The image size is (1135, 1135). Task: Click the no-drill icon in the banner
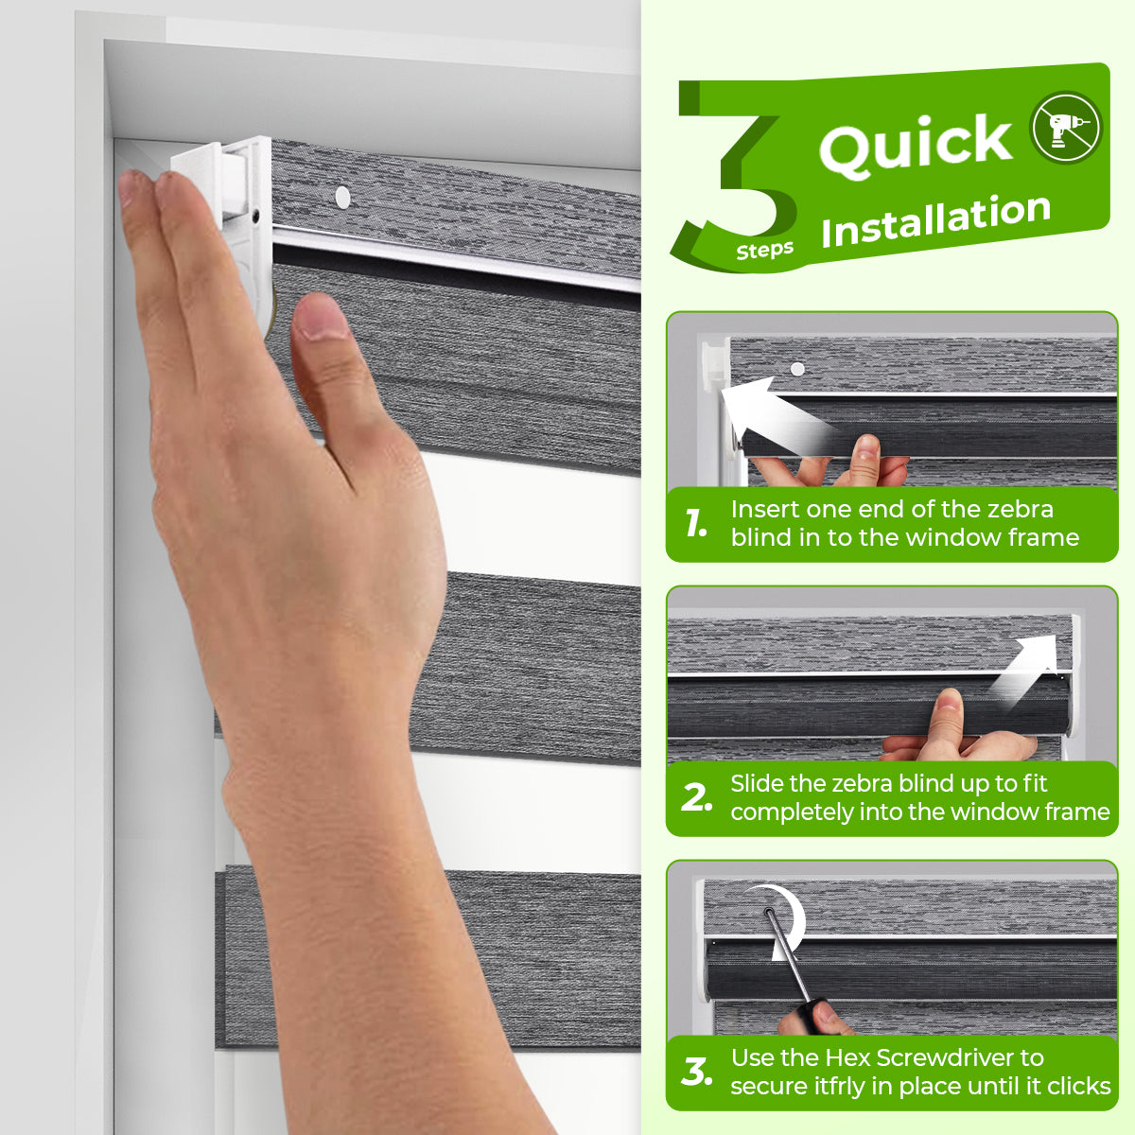pos(1066,128)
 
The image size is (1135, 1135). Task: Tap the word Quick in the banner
pos(916,145)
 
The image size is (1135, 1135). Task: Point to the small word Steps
pos(764,251)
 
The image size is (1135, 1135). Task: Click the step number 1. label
pos(695,522)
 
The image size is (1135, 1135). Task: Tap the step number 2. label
pos(697,797)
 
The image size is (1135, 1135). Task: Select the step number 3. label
pos(697,1072)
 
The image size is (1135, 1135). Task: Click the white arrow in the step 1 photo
pos(777,415)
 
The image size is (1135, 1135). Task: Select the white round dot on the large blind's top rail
pos(342,197)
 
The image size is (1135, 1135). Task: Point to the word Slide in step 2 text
pos(758,783)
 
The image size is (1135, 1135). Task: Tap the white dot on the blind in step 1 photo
pos(797,369)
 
